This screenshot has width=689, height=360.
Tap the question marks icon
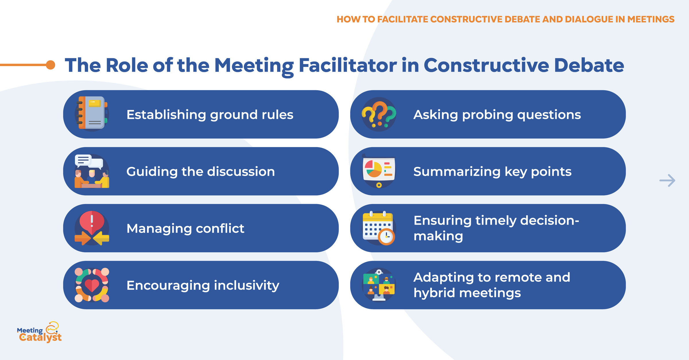(379, 114)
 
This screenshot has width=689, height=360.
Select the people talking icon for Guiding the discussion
(92, 171)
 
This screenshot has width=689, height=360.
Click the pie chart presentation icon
(379, 171)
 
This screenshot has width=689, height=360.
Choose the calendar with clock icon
(379, 228)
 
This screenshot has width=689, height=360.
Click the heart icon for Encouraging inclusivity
(92, 285)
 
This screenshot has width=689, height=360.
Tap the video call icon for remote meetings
(379, 285)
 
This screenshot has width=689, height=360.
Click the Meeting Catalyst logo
(39, 332)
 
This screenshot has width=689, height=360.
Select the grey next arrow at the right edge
(667, 180)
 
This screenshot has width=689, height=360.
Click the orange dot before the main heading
(51, 65)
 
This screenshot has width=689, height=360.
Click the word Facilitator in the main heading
(348, 65)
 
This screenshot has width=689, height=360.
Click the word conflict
(220, 229)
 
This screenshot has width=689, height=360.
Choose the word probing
(487, 115)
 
